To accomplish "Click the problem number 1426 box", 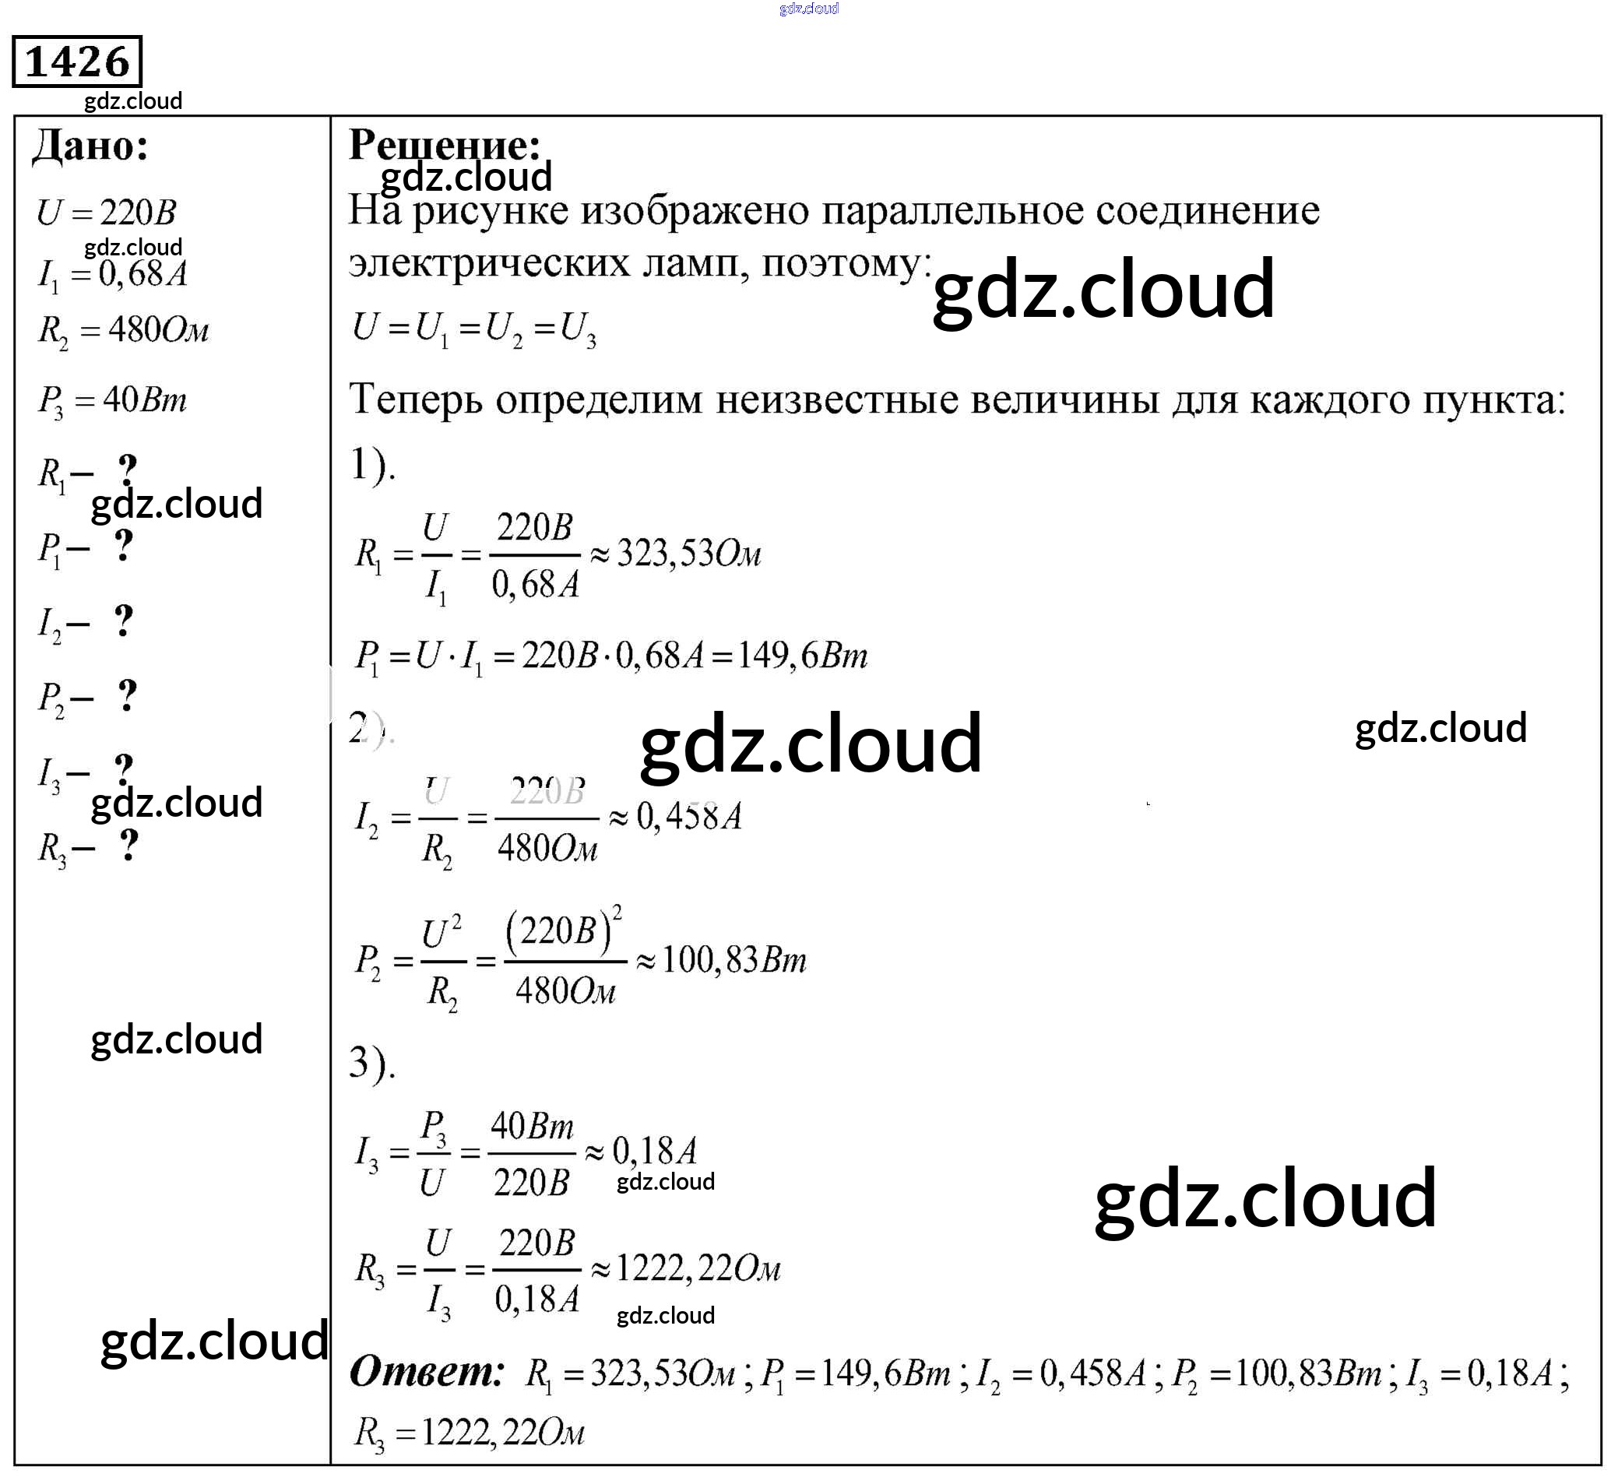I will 77,61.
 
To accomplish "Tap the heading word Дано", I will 90,147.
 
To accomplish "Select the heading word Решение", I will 445,146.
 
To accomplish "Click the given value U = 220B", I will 107,213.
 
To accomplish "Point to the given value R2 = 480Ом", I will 123,330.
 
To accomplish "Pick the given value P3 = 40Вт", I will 112,399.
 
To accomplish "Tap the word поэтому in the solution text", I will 846,263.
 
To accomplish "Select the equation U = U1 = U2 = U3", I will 474,329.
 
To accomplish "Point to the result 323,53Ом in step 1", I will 688,554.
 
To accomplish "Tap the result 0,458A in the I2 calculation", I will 688,818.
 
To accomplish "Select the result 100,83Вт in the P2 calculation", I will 733,960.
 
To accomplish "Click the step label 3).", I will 371,1064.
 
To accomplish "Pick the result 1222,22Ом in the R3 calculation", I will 697,1269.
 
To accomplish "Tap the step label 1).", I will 371,465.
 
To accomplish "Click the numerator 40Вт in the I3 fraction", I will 532,1127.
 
